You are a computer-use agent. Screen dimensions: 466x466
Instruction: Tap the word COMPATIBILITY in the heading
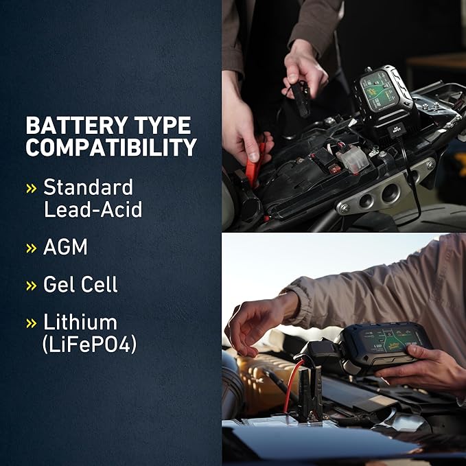111,148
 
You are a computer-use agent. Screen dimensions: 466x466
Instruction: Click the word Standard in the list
88,187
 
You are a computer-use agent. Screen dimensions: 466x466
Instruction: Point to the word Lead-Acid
93,209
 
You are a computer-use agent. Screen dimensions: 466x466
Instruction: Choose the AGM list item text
65,247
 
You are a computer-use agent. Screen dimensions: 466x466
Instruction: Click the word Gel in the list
60,285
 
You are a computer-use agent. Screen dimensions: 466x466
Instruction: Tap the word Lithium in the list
80,322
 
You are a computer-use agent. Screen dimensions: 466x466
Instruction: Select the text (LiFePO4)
90,344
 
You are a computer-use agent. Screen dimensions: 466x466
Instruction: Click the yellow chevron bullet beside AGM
31,248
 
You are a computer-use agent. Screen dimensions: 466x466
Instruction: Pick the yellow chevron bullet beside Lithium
31,323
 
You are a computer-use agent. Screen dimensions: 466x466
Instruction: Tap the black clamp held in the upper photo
300,96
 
